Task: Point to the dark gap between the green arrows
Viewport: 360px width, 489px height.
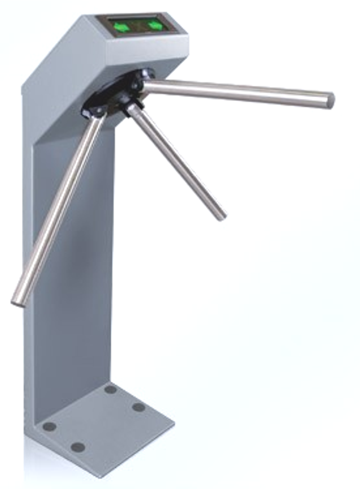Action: (139, 26)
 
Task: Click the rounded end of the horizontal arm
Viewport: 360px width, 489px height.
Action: (330, 100)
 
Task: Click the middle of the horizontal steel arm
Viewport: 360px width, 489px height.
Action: (238, 91)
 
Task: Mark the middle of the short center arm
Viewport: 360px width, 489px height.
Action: (176, 162)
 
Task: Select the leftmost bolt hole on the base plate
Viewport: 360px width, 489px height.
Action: (49, 427)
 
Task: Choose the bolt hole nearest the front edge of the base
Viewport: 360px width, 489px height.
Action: (77, 447)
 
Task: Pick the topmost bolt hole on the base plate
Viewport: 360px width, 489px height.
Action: (110, 389)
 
